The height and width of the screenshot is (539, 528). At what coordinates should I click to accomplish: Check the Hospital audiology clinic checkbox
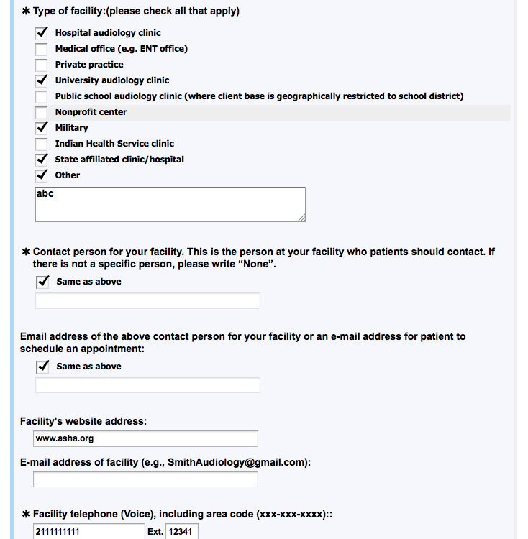42,33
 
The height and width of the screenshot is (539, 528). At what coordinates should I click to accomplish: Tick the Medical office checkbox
42,49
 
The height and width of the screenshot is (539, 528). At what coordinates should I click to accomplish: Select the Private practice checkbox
42,65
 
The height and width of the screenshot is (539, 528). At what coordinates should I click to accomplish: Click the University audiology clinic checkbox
42,80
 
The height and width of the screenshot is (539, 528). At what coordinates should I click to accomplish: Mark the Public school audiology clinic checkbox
42,96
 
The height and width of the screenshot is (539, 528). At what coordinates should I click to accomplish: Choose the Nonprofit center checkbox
42,112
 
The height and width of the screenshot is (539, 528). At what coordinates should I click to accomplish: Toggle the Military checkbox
42,128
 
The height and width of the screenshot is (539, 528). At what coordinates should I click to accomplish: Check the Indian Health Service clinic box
42,144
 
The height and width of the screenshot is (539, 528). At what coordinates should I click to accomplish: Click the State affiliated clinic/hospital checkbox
42,160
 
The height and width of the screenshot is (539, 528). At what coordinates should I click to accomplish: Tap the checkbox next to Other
42,175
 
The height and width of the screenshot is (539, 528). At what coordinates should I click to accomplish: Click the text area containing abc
170,204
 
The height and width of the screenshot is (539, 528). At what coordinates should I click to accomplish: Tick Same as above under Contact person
42,282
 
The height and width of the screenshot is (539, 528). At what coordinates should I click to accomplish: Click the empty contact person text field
147,301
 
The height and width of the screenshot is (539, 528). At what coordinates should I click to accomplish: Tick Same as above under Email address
42,367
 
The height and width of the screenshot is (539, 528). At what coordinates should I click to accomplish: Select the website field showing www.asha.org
145,438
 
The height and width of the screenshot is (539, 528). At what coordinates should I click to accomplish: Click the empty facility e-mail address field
145,479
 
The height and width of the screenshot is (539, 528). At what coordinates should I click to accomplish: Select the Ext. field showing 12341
182,532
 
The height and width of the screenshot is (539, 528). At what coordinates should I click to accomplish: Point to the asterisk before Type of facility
27,12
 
